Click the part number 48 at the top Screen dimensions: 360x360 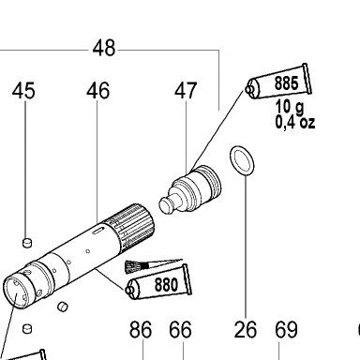click(x=104, y=48)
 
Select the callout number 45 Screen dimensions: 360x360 click(x=23, y=91)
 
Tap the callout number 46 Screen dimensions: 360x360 click(x=98, y=91)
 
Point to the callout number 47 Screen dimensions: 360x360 click(x=186, y=91)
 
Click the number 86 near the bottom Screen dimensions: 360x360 click(x=141, y=329)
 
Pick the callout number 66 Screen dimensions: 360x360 click(x=180, y=329)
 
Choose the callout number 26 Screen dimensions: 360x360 click(x=246, y=329)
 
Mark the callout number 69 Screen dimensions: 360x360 click(x=286, y=329)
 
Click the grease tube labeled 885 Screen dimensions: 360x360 click(x=279, y=82)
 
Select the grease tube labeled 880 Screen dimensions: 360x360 click(x=159, y=283)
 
